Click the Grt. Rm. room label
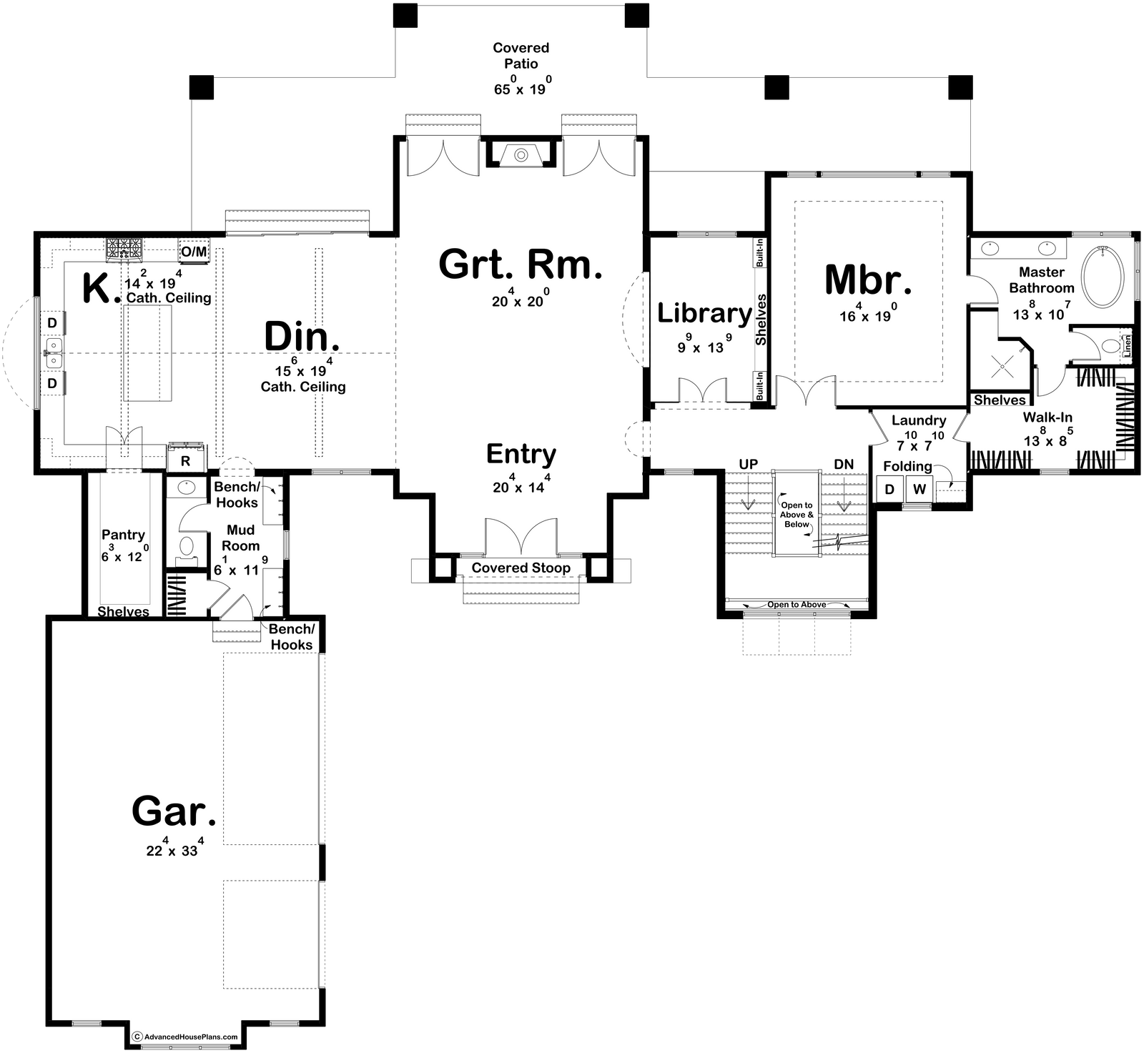coord(521,265)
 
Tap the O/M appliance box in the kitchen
coord(193,252)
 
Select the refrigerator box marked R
coord(185,460)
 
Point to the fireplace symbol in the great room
coord(521,153)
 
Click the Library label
coord(704,313)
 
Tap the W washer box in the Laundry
coord(919,490)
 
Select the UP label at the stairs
coord(748,464)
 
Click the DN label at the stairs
coord(844,464)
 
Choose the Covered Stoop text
coord(521,568)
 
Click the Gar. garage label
coord(174,811)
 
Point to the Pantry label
coord(123,534)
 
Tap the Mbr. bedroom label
coord(868,280)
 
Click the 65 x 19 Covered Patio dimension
coord(521,89)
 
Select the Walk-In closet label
coord(1047,417)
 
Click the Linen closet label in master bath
coord(1127,345)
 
